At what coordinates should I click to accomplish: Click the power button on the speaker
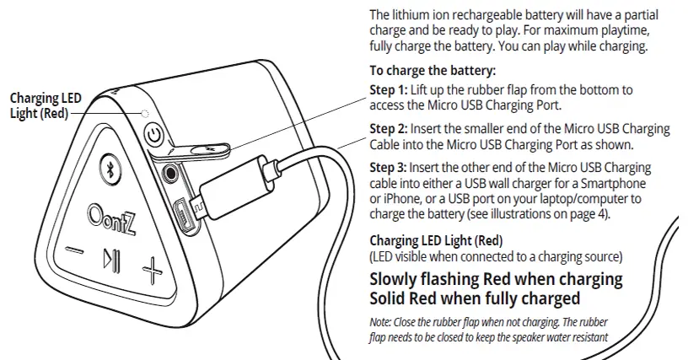click(x=154, y=134)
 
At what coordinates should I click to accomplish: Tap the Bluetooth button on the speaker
click(x=110, y=169)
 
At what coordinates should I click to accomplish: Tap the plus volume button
click(x=152, y=270)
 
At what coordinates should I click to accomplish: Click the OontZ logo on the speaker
click(x=111, y=220)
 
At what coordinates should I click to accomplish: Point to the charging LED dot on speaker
click(x=145, y=114)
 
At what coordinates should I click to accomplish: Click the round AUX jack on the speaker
click(x=169, y=173)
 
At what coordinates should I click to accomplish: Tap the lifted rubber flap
click(x=193, y=151)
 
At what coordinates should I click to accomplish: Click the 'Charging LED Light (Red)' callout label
click(x=46, y=105)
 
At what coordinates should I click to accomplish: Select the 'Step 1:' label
click(x=389, y=90)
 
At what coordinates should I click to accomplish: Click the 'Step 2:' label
click(x=389, y=129)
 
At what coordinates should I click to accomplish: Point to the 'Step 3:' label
click(x=389, y=168)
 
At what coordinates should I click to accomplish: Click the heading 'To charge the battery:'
click(x=433, y=71)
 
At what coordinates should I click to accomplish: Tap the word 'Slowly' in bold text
click(x=393, y=279)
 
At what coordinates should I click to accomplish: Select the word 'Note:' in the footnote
click(x=380, y=322)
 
